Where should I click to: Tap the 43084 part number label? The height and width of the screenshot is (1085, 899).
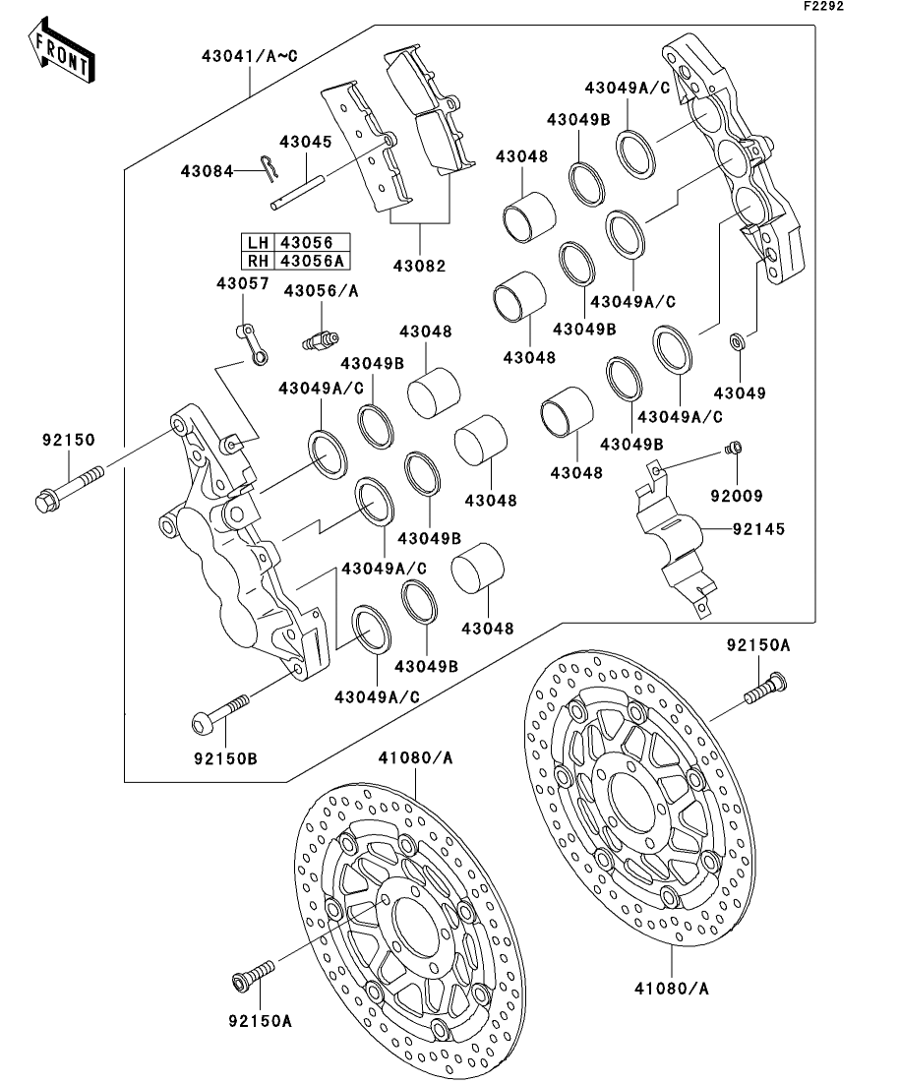(207, 171)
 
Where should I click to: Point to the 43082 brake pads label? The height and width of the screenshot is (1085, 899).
(420, 266)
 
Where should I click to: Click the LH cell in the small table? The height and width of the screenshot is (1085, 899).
(258, 243)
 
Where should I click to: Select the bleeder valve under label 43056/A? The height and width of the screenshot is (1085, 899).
(317, 338)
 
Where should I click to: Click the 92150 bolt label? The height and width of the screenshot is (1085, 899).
(68, 442)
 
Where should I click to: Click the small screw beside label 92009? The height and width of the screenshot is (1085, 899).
(732, 450)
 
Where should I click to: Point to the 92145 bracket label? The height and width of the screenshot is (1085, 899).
(759, 529)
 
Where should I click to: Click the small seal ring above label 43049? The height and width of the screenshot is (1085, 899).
(737, 342)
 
